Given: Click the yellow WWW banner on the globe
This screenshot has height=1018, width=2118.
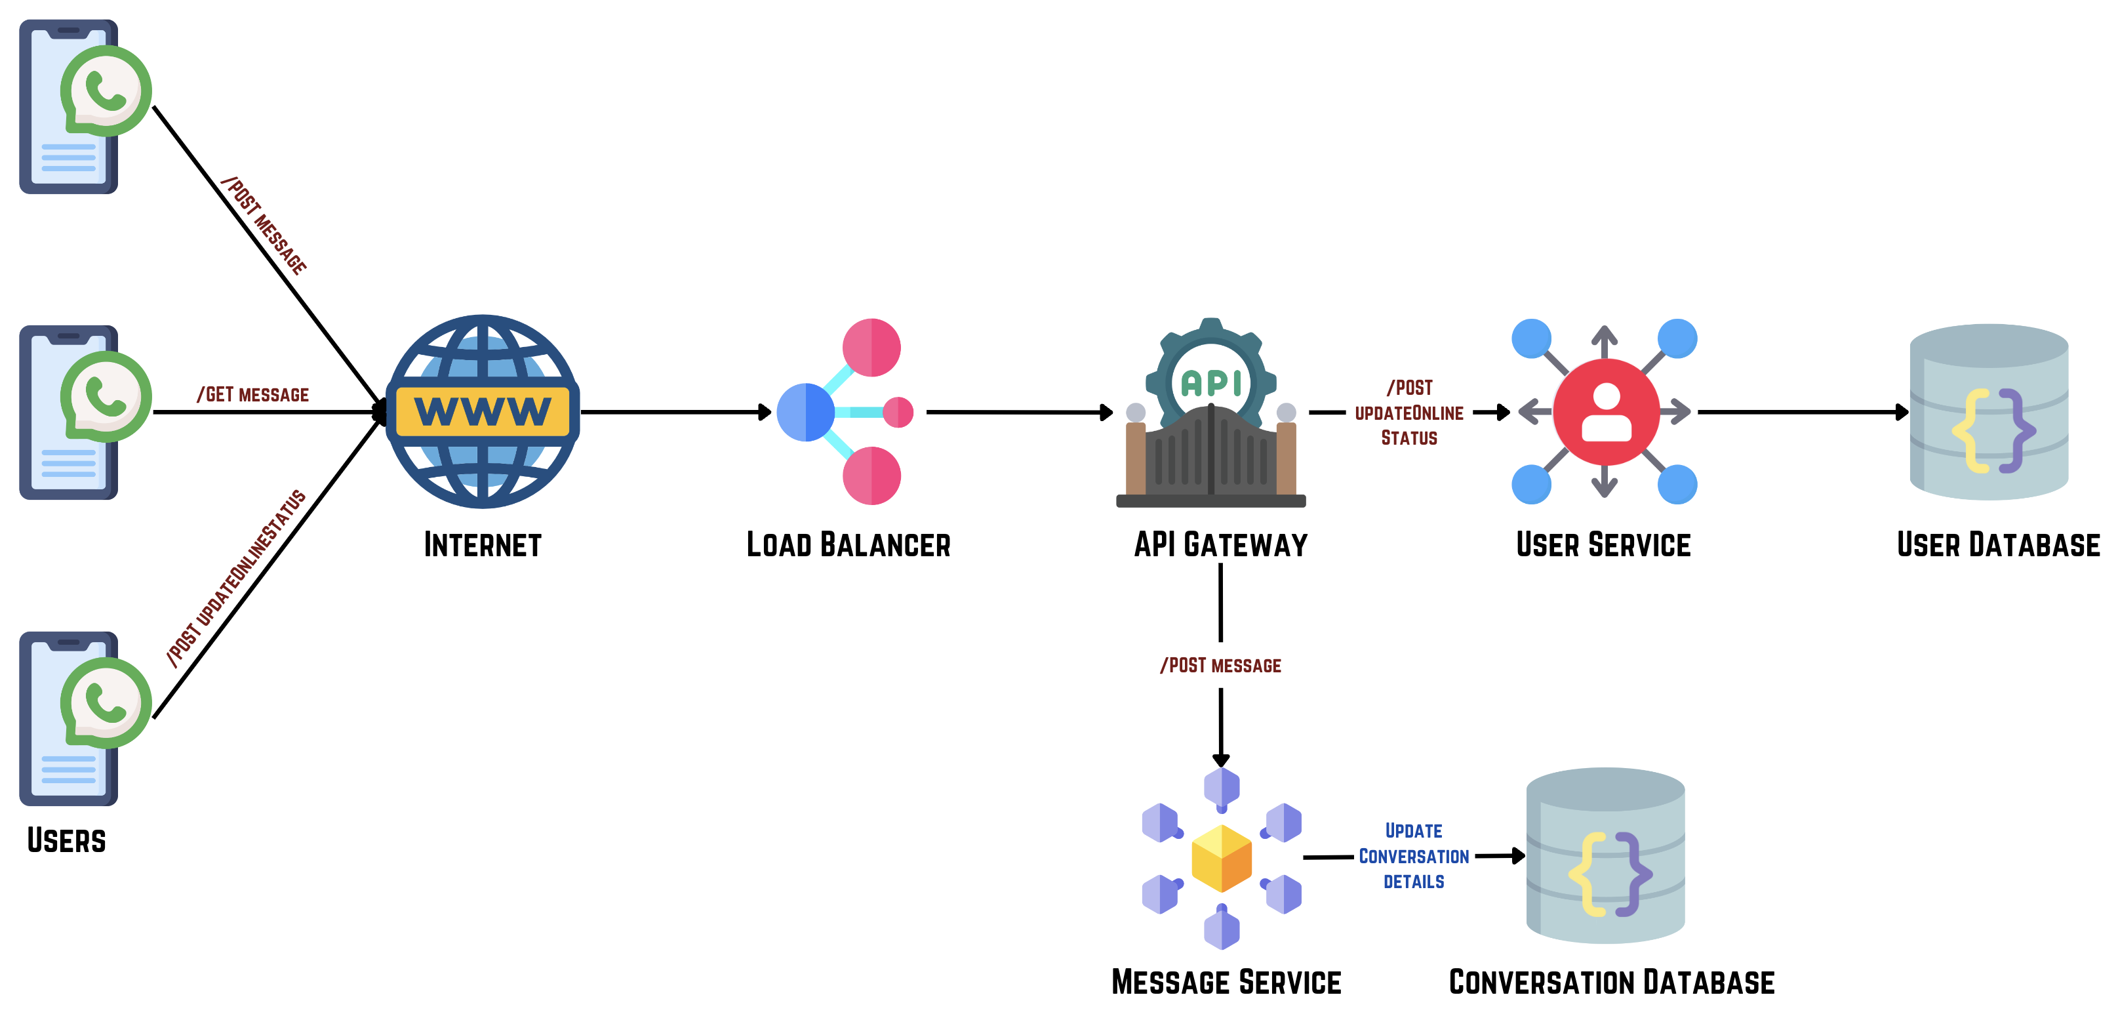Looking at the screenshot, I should pyautogui.click(x=483, y=411).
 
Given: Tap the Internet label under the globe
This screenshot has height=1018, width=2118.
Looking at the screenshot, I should pyautogui.click(x=483, y=545).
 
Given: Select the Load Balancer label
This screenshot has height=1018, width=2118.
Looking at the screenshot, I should pyautogui.click(x=848, y=545).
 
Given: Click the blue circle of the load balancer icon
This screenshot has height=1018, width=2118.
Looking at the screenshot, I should pyautogui.click(x=805, y=412).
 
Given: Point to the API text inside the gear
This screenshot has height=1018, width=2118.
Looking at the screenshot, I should pyautogui.click(x=1210, y=383).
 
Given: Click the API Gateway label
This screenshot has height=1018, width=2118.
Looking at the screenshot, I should pyautogui.click(x=1220, y=545).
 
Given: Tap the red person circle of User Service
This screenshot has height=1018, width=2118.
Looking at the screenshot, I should pyautogui.click(x=1605, y=412).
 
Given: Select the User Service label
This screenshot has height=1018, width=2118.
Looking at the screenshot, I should pyautogui.click(x=1603, y=545).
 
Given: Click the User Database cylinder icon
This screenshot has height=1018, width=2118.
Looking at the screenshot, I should pyautogui.click(x=1988, y=412).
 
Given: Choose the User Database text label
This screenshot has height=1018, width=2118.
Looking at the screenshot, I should pyautogui.click(x=1998, y=545).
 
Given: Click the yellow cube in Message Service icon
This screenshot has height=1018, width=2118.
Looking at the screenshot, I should pyautogui.click(x=1221, y=858).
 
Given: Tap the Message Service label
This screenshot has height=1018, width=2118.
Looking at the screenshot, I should pyautogui.click(x=1226, y=983).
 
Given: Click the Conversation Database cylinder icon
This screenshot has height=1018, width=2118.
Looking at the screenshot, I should pyautogui.click(x=1605, y=856).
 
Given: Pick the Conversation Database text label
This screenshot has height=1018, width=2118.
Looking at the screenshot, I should pyautogui.click(x=1612, y=983).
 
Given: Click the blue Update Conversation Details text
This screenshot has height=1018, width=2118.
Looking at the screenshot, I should pyautogui.click(x=1413, y=856).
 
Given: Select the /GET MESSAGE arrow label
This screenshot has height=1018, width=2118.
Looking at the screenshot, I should pyautogui.click(x=253, y=395).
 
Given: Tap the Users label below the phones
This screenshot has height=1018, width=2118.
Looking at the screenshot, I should pyautogui.click(x=67, y=840).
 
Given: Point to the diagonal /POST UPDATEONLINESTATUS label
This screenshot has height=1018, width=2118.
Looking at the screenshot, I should pyautogui.click(x=236, y=577).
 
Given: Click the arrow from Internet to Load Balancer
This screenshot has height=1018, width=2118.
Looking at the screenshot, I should pyautogui.click(x=674, y=412).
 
